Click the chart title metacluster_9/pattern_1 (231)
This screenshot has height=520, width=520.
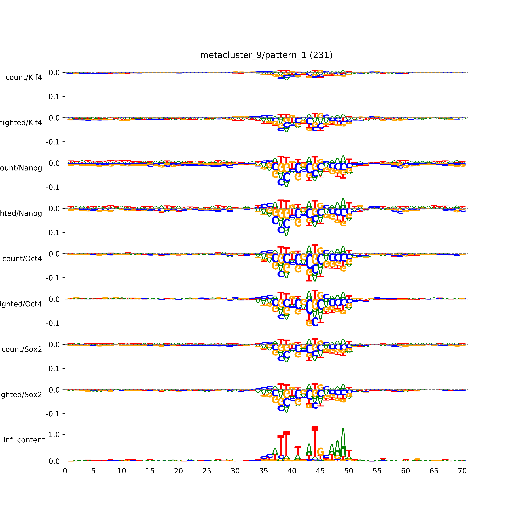pos(266,55)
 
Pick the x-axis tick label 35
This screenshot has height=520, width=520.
pos(263,471)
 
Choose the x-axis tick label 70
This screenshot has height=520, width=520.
pos(462,471)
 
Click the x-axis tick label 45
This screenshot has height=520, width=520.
pos(320,471)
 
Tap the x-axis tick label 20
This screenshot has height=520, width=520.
pos(178,471)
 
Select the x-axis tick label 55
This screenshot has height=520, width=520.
pos(377,471)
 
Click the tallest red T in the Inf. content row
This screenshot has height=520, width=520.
pos(315,444)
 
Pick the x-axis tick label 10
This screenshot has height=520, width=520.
pos(122,471)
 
